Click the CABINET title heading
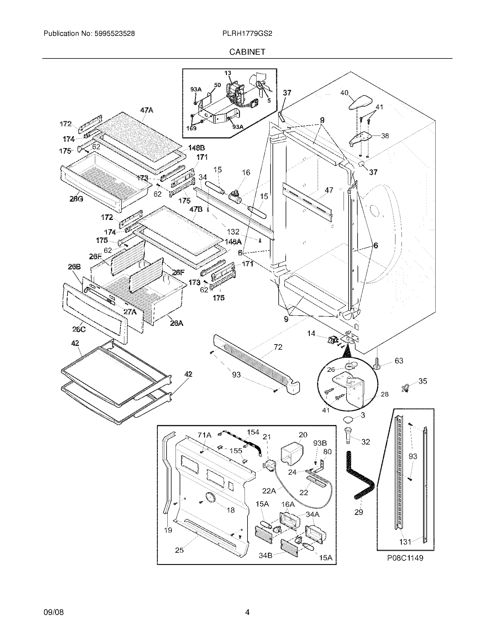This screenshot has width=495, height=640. coord(247,52)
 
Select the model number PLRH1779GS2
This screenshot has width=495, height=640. coord(247,34)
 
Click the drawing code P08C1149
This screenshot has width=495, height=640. coord(405,558)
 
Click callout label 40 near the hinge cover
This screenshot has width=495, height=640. coord(344,93)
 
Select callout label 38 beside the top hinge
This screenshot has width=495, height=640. coord(385,136)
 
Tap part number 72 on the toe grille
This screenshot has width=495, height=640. coord(278,347)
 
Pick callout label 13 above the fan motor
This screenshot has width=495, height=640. coord(228,73)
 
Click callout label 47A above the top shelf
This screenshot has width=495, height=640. coord(147,110)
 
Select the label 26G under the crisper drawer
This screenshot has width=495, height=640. coord(76,199)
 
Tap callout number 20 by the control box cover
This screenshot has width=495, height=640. coord(303,435)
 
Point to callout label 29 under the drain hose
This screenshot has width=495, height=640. coord(359,512)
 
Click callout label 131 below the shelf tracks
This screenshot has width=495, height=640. coord(405,542)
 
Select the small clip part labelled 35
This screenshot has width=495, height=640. coord(405,388)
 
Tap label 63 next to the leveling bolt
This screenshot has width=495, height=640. coord(399,361)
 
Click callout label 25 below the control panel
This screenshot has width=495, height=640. coord(179,550)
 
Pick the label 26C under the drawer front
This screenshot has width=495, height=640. coord(79,329)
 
